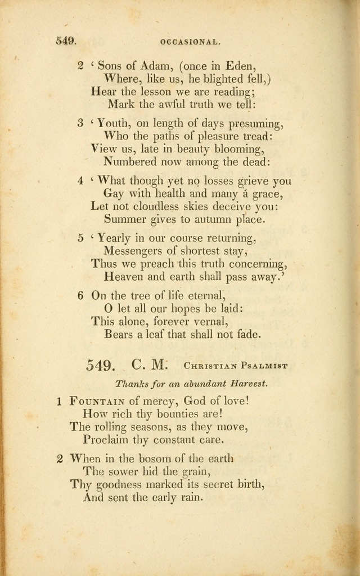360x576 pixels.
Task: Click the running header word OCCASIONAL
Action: (x=190, y=41)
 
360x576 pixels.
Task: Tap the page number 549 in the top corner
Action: (x=66, y=40)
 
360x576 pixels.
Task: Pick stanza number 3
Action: (x=80, y=123)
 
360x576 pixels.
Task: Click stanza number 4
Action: (x=80, y=181)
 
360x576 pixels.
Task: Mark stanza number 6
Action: (x=80, y=295)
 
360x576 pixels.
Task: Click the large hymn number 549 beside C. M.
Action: (x=101, y=365)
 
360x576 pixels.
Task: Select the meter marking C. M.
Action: (x=150, y=364)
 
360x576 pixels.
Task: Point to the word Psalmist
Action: (x=263, y=366)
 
